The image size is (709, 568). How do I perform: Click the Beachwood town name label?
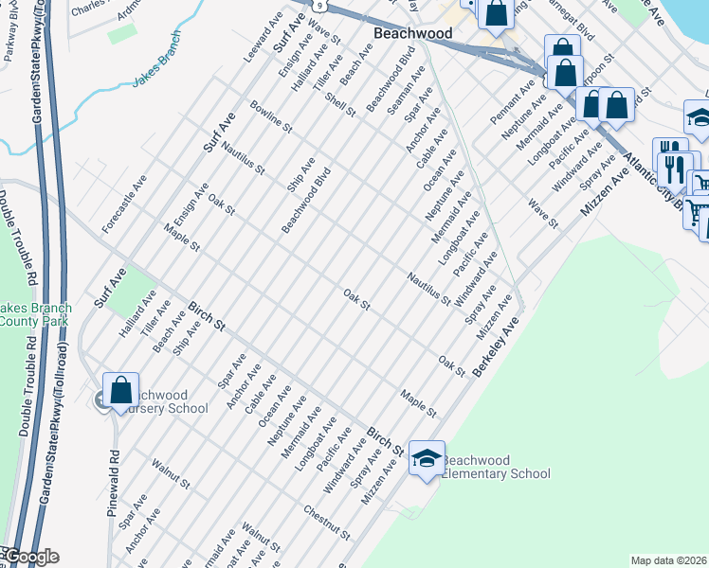pyautogui.click(x=412, y=33)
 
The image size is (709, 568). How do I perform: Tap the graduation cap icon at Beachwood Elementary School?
pyautogui.click(x=427, y=458)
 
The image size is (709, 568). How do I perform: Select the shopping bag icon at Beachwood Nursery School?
pyautogui.click(x=121, y=389)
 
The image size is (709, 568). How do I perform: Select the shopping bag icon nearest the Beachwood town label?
pyautogui.click(x=496, y=12)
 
